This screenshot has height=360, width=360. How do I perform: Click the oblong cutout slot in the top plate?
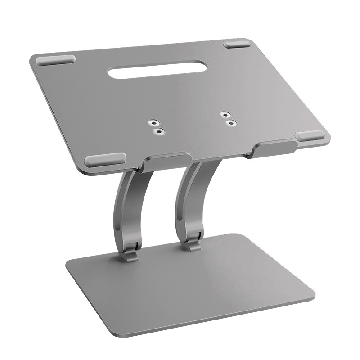click(x=144, y=72)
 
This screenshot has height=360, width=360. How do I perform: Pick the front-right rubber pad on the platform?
click(x=310, y=136)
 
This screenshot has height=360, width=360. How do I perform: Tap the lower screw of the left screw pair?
click(x=158, y=131)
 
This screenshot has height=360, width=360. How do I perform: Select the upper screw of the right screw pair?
click(x=225, y=115)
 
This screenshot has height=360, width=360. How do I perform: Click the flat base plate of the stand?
click(x=202, y=283)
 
